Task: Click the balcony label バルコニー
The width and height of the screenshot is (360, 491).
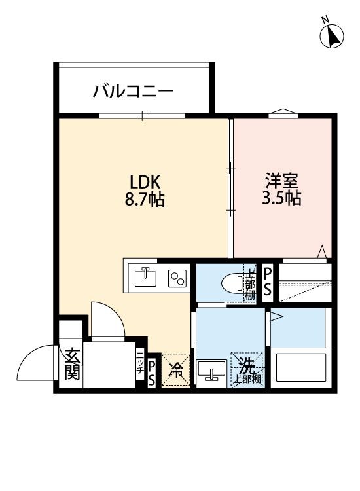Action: [x=133, y=90]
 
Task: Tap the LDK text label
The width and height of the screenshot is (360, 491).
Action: [x=145, y=181]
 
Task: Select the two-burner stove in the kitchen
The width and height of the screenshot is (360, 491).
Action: [x=177, y=278]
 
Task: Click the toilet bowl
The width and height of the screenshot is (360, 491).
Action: [x=230, y=283]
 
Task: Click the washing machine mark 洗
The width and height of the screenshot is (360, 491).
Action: [x=245, y=365]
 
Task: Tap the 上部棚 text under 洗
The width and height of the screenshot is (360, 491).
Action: [x=246, y=379]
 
